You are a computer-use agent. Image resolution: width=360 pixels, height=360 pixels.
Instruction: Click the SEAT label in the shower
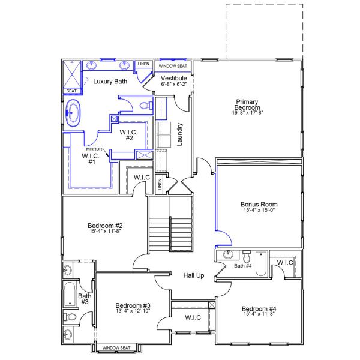tap(71, 91)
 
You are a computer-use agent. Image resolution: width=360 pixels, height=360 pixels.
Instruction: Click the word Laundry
tap(179, 134)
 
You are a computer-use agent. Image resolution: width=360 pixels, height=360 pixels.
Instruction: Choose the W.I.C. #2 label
tap(129, 135)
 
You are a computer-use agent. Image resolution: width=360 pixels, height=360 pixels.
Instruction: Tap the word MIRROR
tap(94, 149)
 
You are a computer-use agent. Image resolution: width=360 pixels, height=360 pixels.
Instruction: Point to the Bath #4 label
tap(242, 266)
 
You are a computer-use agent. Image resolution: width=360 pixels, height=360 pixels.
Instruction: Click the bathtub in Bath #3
tap(68, 294)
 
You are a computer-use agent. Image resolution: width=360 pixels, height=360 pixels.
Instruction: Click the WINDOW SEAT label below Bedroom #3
tap(116, 348)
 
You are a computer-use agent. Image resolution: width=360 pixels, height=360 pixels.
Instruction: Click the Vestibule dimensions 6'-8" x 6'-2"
tap(174, 85)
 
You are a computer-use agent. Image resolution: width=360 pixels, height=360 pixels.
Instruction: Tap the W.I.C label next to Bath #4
tap(285, 263)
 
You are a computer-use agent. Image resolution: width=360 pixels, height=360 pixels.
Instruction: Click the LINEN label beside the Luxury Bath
tap(143, 64)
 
